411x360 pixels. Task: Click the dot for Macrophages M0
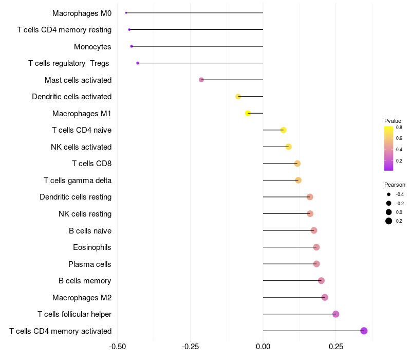(x=126, y=13)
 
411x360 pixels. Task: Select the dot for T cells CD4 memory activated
(x=364, y=331)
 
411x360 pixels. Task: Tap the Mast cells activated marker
(x=201, y=80)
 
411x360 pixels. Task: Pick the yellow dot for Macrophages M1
(x=248, y=113)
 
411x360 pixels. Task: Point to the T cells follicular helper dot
(x=336, y=314)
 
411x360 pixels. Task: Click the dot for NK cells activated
(x=289, y=147)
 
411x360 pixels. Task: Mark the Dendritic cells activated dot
(x=238, y=97)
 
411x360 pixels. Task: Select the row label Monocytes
(x=92, y=47)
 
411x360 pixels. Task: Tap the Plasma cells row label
(x=90, y=264)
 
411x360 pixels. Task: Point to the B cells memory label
(x=85, y=281)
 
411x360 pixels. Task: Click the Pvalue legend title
(x=393, y=121)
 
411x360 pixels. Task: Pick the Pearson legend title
(x=395, y=185)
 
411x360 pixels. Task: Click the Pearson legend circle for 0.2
(x=389, y=221)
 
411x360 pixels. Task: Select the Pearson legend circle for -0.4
(x=389, y=194)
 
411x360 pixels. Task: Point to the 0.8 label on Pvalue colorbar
(x=399, y=128)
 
